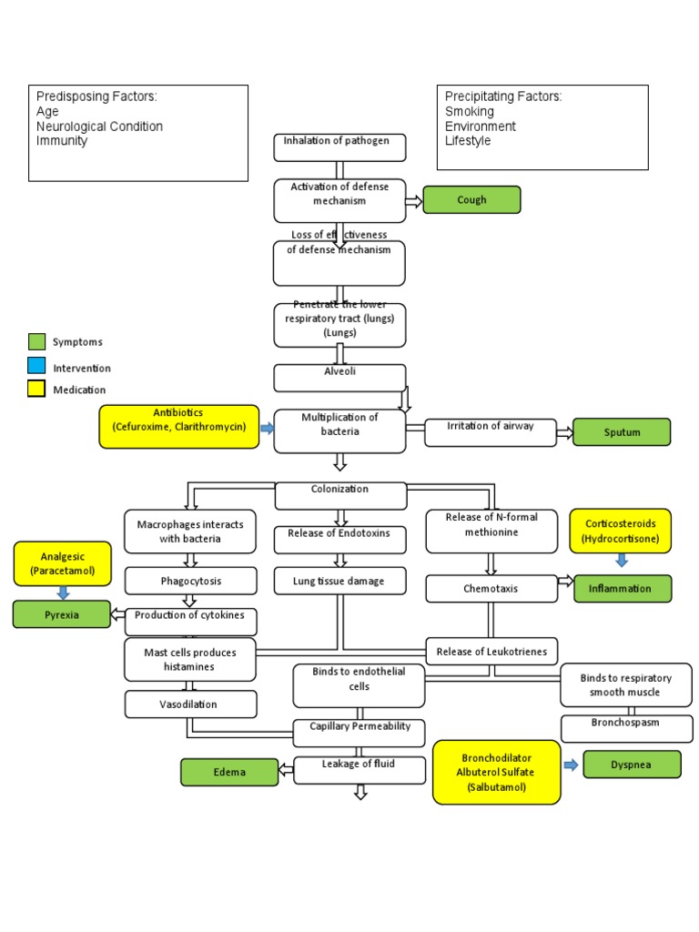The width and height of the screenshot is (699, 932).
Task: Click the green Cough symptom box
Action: pyautogui.click(x=471, y=200)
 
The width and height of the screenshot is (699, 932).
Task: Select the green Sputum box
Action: pyautogui.click(x=622, y=432)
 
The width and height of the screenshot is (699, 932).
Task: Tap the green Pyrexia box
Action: pyautogui.click(x=62, y=614)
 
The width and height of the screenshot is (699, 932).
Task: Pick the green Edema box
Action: pyautogui.click(x=229, y=772)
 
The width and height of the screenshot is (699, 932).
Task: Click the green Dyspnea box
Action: pyautogui.click(x=632, y=765)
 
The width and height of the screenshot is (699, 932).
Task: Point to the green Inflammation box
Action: pyautogui.click(x=623, y=589)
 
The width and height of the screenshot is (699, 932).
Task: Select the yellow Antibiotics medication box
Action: pyautogui.click(x=178, y=427)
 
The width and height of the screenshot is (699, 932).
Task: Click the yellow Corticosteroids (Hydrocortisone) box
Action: pyautogui.click(x=621, y=532)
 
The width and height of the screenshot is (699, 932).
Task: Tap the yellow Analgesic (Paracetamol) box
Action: pyautogui.click(x=62, y=563)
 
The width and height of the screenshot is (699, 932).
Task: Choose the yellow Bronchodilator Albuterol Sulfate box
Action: pyautogui.click(x=496, y=772)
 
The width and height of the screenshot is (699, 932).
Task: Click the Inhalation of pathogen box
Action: pyautogui.click(x=339, y=147)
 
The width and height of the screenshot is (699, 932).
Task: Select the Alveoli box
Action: pyautogui.click(x=339, y=378)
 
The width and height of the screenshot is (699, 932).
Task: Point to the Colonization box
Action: pyautogui.click(x=339, y=495)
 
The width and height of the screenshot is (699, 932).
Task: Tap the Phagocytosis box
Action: pyautogui.click(x=190, y=581)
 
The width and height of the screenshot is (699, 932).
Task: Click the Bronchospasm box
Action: pyautogui.click(x=624, y=728)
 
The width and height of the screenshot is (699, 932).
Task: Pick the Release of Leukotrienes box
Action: pyautogui.click(x=491, y=651)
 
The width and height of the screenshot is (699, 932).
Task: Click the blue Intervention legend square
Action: pyautogui.click(x=36, y=366)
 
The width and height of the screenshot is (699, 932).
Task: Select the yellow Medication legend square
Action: pyautogui.click(x=36, y=389)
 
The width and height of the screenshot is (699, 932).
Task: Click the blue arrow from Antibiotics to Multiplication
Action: pyautogui.click(x=267, y=428)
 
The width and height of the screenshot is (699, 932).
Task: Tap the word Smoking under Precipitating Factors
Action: pyautogui.click(x=470, y=111)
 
